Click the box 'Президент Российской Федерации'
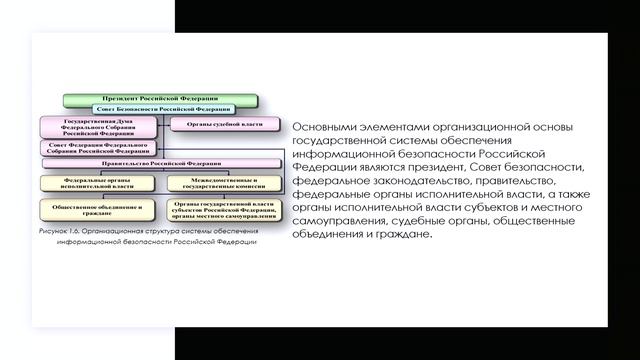pos(160,101)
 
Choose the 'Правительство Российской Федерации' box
pos(160,162)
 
